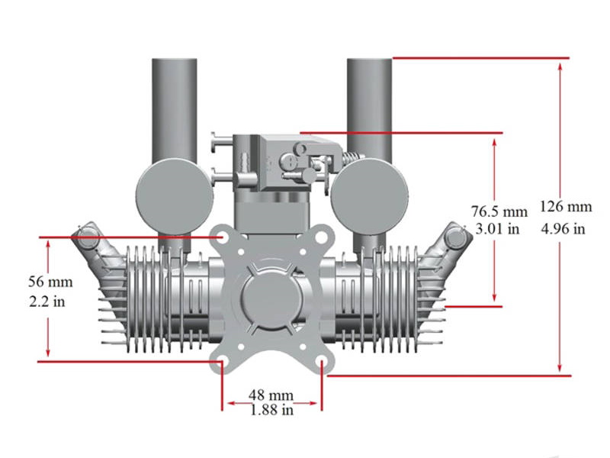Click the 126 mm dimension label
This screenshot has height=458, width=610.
coord(565,207)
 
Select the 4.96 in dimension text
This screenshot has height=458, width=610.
coord(563,227)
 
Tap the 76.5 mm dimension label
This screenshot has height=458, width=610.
coord(499,211)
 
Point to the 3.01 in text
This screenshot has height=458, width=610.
coord(497,228)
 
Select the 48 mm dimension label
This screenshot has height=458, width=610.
coord(271,395)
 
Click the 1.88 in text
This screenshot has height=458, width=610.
coord(271,410)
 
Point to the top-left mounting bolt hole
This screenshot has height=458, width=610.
coord(224,237)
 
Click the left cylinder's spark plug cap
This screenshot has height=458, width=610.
coord(88,237)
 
